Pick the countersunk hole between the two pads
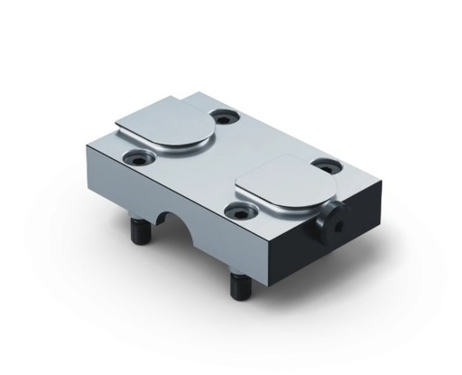(237, 211)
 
